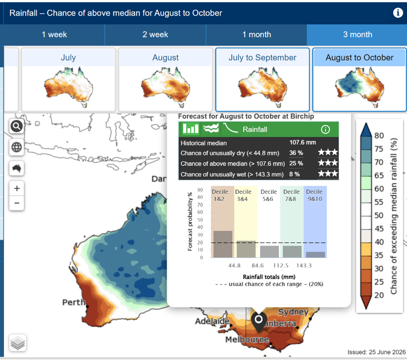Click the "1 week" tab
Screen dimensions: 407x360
54,35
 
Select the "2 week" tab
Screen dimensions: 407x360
155,35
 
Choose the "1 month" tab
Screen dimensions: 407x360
257,35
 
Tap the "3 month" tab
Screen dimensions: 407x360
357,35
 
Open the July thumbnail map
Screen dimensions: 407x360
68,79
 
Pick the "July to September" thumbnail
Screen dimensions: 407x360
262,79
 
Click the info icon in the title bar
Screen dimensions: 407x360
398,13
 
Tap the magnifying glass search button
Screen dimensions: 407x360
16,127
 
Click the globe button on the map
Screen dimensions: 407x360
16,147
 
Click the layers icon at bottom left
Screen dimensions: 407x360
18,343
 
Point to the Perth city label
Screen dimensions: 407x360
74,302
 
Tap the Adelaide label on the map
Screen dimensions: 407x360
212,321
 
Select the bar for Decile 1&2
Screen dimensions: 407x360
223,244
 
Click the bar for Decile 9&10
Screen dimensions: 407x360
316,255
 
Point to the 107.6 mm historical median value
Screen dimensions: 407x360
303,142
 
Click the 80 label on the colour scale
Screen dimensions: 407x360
379,135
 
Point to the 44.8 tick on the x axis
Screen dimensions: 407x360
234,265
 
